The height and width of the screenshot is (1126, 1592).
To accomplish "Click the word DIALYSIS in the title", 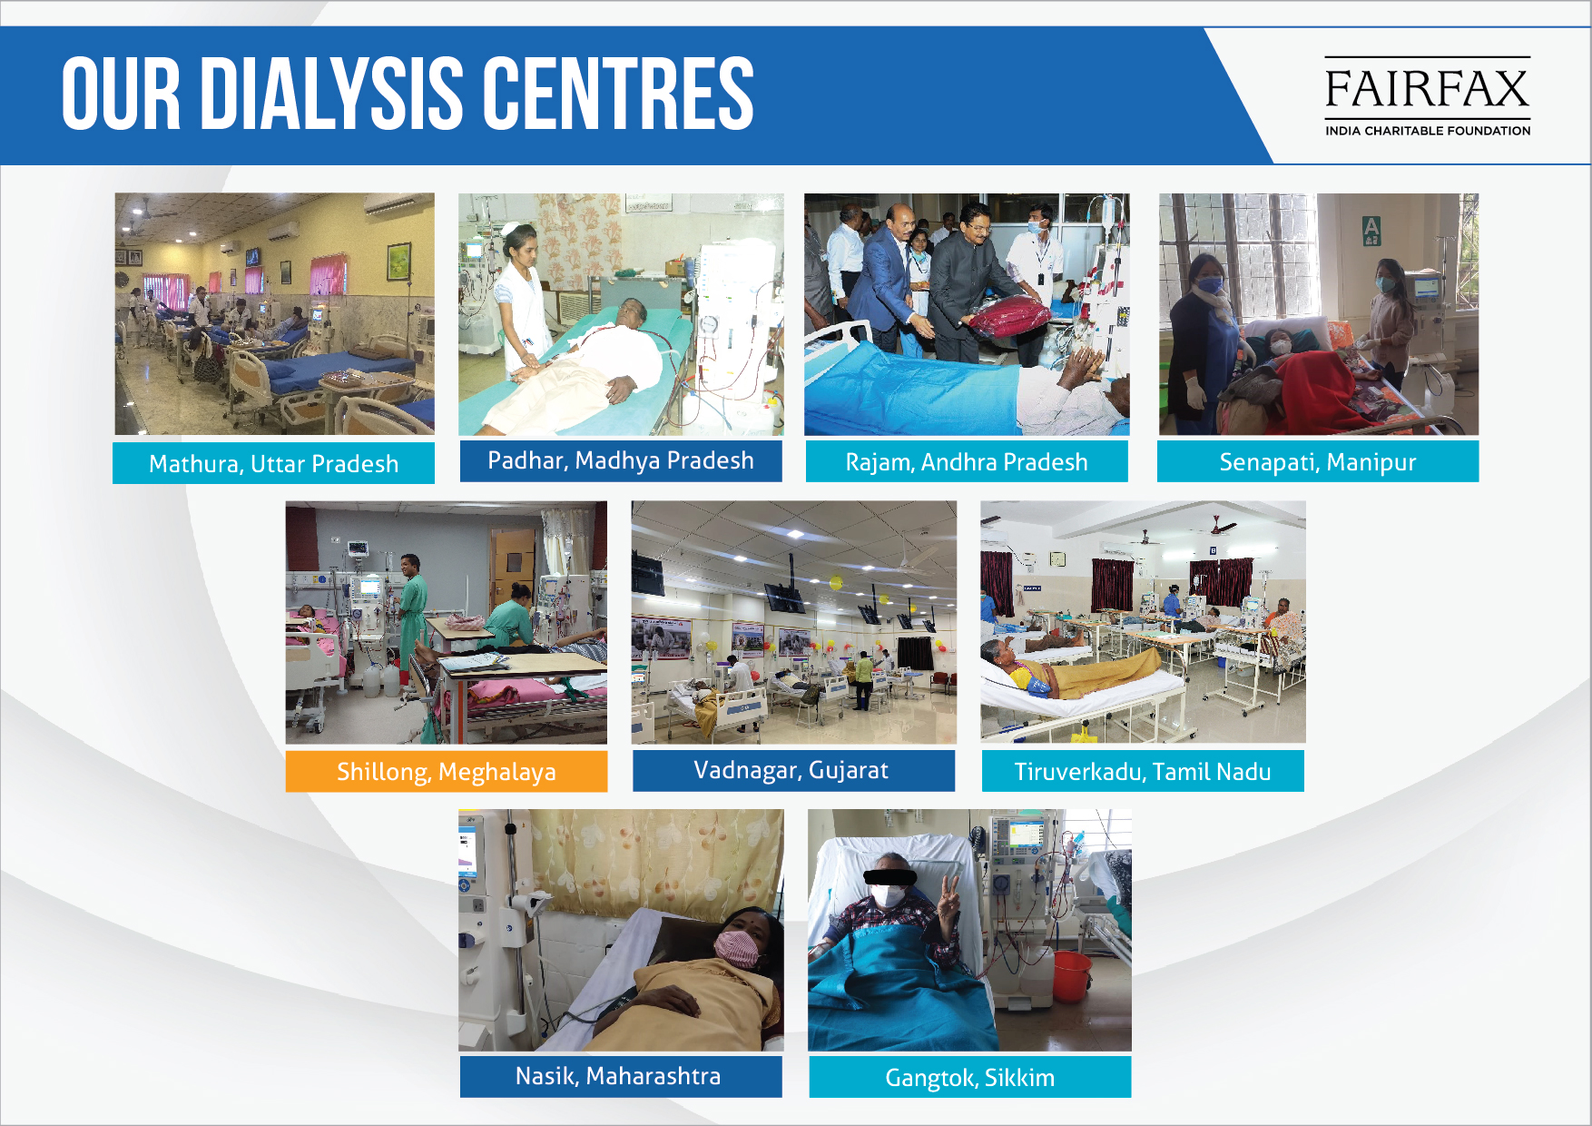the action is click(x=332, y=93).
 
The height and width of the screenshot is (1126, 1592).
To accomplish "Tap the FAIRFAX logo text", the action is click(x=1427, y=88).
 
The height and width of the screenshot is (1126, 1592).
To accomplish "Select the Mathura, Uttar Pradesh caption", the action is click(x=273, y=463).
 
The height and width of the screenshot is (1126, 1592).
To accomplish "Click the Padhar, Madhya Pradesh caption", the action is click(x=621, y=460).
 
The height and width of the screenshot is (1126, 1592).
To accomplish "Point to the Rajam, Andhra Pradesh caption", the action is click(x=967, y=461).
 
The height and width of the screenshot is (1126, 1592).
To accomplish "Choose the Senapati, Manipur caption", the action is click(x=1318, y=461).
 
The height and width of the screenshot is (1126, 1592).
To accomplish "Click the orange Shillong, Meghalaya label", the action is click(x=447, y=771).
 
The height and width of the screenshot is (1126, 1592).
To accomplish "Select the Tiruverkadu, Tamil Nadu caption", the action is click(x=1143, y=771).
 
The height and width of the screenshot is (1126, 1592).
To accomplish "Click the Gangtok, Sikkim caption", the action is click(x=970, y=1077).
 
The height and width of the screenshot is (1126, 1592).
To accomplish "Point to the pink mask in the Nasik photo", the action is click(x=737, y=948).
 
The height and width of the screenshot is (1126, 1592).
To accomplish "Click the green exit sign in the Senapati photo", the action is click(x=1371, y=230).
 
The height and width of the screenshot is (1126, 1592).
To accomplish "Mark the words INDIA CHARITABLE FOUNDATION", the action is click(x=1428, y=131).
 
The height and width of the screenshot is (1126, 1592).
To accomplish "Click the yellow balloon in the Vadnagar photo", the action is click(x=835, y=582).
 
